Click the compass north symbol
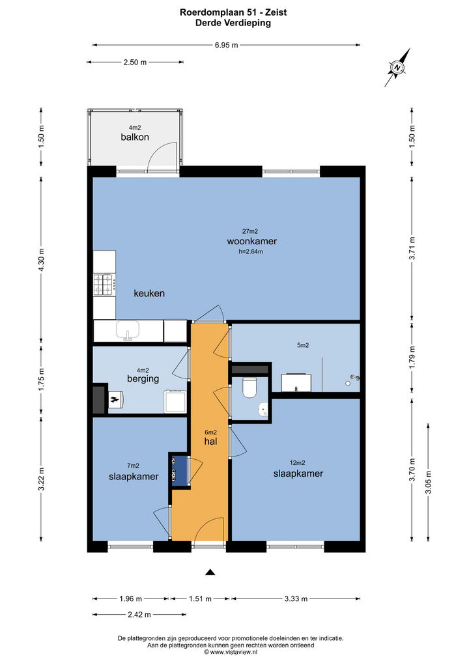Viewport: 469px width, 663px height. coord(397,67)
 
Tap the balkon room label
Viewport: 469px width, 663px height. coord(135,137)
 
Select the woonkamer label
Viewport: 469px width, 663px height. coord(252,242)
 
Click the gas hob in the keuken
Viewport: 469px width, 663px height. coord(104,284)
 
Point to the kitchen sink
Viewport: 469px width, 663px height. coord(127,331)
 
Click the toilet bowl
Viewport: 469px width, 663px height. coord(249,388)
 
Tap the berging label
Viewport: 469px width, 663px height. coord(143,379)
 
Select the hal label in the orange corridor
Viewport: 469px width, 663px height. coord(210,442)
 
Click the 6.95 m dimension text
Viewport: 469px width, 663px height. coord(226,45)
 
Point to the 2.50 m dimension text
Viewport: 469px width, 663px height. coord(135,63)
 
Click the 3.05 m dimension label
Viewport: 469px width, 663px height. coord(428,482)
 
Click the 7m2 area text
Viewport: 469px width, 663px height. coord(134,466)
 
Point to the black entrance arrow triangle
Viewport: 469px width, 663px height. coord(210,572)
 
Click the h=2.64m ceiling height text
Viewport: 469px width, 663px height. coord(251,251)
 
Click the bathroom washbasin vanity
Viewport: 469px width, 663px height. coord(296,383)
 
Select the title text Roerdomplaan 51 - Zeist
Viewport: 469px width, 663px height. coord(233,12)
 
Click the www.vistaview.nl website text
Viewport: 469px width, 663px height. coord(233,653)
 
